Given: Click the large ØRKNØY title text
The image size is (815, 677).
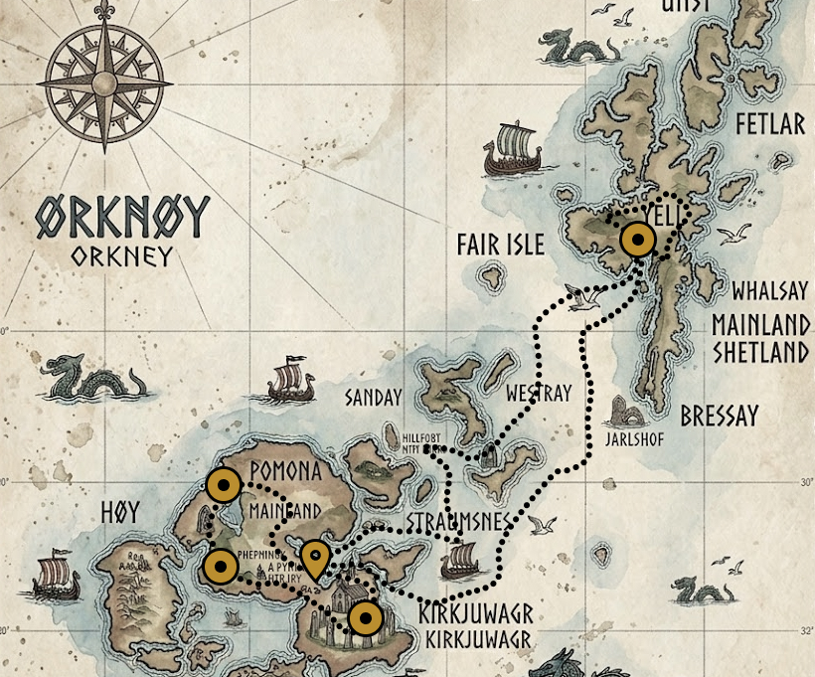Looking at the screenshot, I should click(x=124, y=216).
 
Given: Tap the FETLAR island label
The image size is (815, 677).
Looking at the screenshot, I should click(x=770, y=125).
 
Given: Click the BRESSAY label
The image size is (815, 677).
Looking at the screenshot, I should click(x=719, y=416).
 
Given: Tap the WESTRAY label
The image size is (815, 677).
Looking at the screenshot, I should click(x=539, y=394).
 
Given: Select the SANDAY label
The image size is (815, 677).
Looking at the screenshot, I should click(x=373, y=398).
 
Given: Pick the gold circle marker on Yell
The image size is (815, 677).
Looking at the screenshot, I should click(x=636, y=240).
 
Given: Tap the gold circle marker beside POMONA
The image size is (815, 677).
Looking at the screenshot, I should click(x=224, y=486).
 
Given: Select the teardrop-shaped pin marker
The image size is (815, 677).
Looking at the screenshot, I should click(x=315, y=560).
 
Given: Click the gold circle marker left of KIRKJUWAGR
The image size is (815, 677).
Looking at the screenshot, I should click(x=367, y=618).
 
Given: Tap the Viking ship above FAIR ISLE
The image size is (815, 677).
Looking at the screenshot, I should click(x=512, y=150).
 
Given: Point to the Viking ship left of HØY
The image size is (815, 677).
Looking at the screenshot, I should click(x=55, y=578).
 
